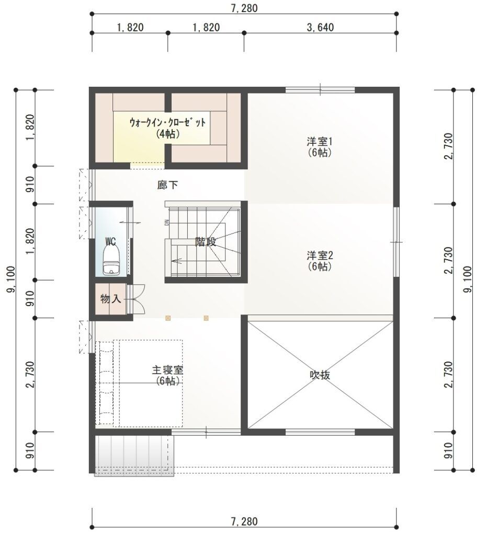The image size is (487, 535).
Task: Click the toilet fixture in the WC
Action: coord(111,260)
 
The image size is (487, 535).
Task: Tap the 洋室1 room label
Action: coord(320,141)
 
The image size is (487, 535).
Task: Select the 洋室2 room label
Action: coord(320,255)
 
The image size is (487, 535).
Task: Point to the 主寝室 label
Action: coord(167,370)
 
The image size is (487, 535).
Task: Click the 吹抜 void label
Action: coord(320,375)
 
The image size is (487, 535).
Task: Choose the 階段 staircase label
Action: coord(206,242)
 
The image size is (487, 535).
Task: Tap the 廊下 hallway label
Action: coord(168,185)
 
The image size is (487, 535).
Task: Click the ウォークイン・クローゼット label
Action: coord(168,122)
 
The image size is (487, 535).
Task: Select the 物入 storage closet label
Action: coord(111,299)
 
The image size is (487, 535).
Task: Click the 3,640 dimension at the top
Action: coord(320,27)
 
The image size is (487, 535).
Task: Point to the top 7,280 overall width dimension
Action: coord(244,8)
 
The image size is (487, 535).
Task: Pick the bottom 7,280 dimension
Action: coord(244,521)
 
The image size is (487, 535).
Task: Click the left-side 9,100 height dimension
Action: coord(11,280)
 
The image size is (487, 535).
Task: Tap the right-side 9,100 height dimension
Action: coord(467,280)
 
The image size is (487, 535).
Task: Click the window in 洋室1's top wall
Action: coord(320,90)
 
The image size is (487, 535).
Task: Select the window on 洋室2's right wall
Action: coord(396,242)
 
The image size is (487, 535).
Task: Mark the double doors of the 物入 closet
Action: coord(136,299)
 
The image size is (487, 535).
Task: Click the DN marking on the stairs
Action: coord(167,223)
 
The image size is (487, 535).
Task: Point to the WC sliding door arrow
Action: coord(130,223)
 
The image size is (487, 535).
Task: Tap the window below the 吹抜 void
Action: coord(320,432)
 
